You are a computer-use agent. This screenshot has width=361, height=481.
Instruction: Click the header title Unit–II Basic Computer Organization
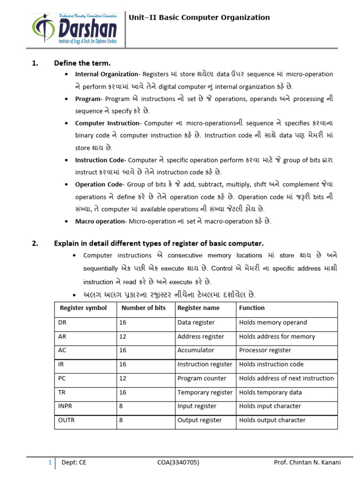199,18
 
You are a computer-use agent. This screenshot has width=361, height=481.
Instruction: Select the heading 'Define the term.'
82,63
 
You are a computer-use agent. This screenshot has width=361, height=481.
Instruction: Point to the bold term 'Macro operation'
100,221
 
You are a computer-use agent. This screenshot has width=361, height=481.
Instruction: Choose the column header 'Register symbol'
83,308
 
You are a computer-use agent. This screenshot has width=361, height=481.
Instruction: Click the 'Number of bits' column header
143,308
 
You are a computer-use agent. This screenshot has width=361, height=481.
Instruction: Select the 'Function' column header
252,308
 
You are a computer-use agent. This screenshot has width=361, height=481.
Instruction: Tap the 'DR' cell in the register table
63,323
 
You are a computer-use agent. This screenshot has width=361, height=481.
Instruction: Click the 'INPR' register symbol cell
65,406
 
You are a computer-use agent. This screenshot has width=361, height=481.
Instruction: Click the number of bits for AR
123,337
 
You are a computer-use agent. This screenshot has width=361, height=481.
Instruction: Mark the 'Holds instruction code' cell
271,365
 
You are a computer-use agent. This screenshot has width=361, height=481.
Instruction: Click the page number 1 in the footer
50,463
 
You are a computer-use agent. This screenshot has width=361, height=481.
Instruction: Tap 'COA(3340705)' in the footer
178,463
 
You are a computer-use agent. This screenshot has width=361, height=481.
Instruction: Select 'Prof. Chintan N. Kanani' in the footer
307,463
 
